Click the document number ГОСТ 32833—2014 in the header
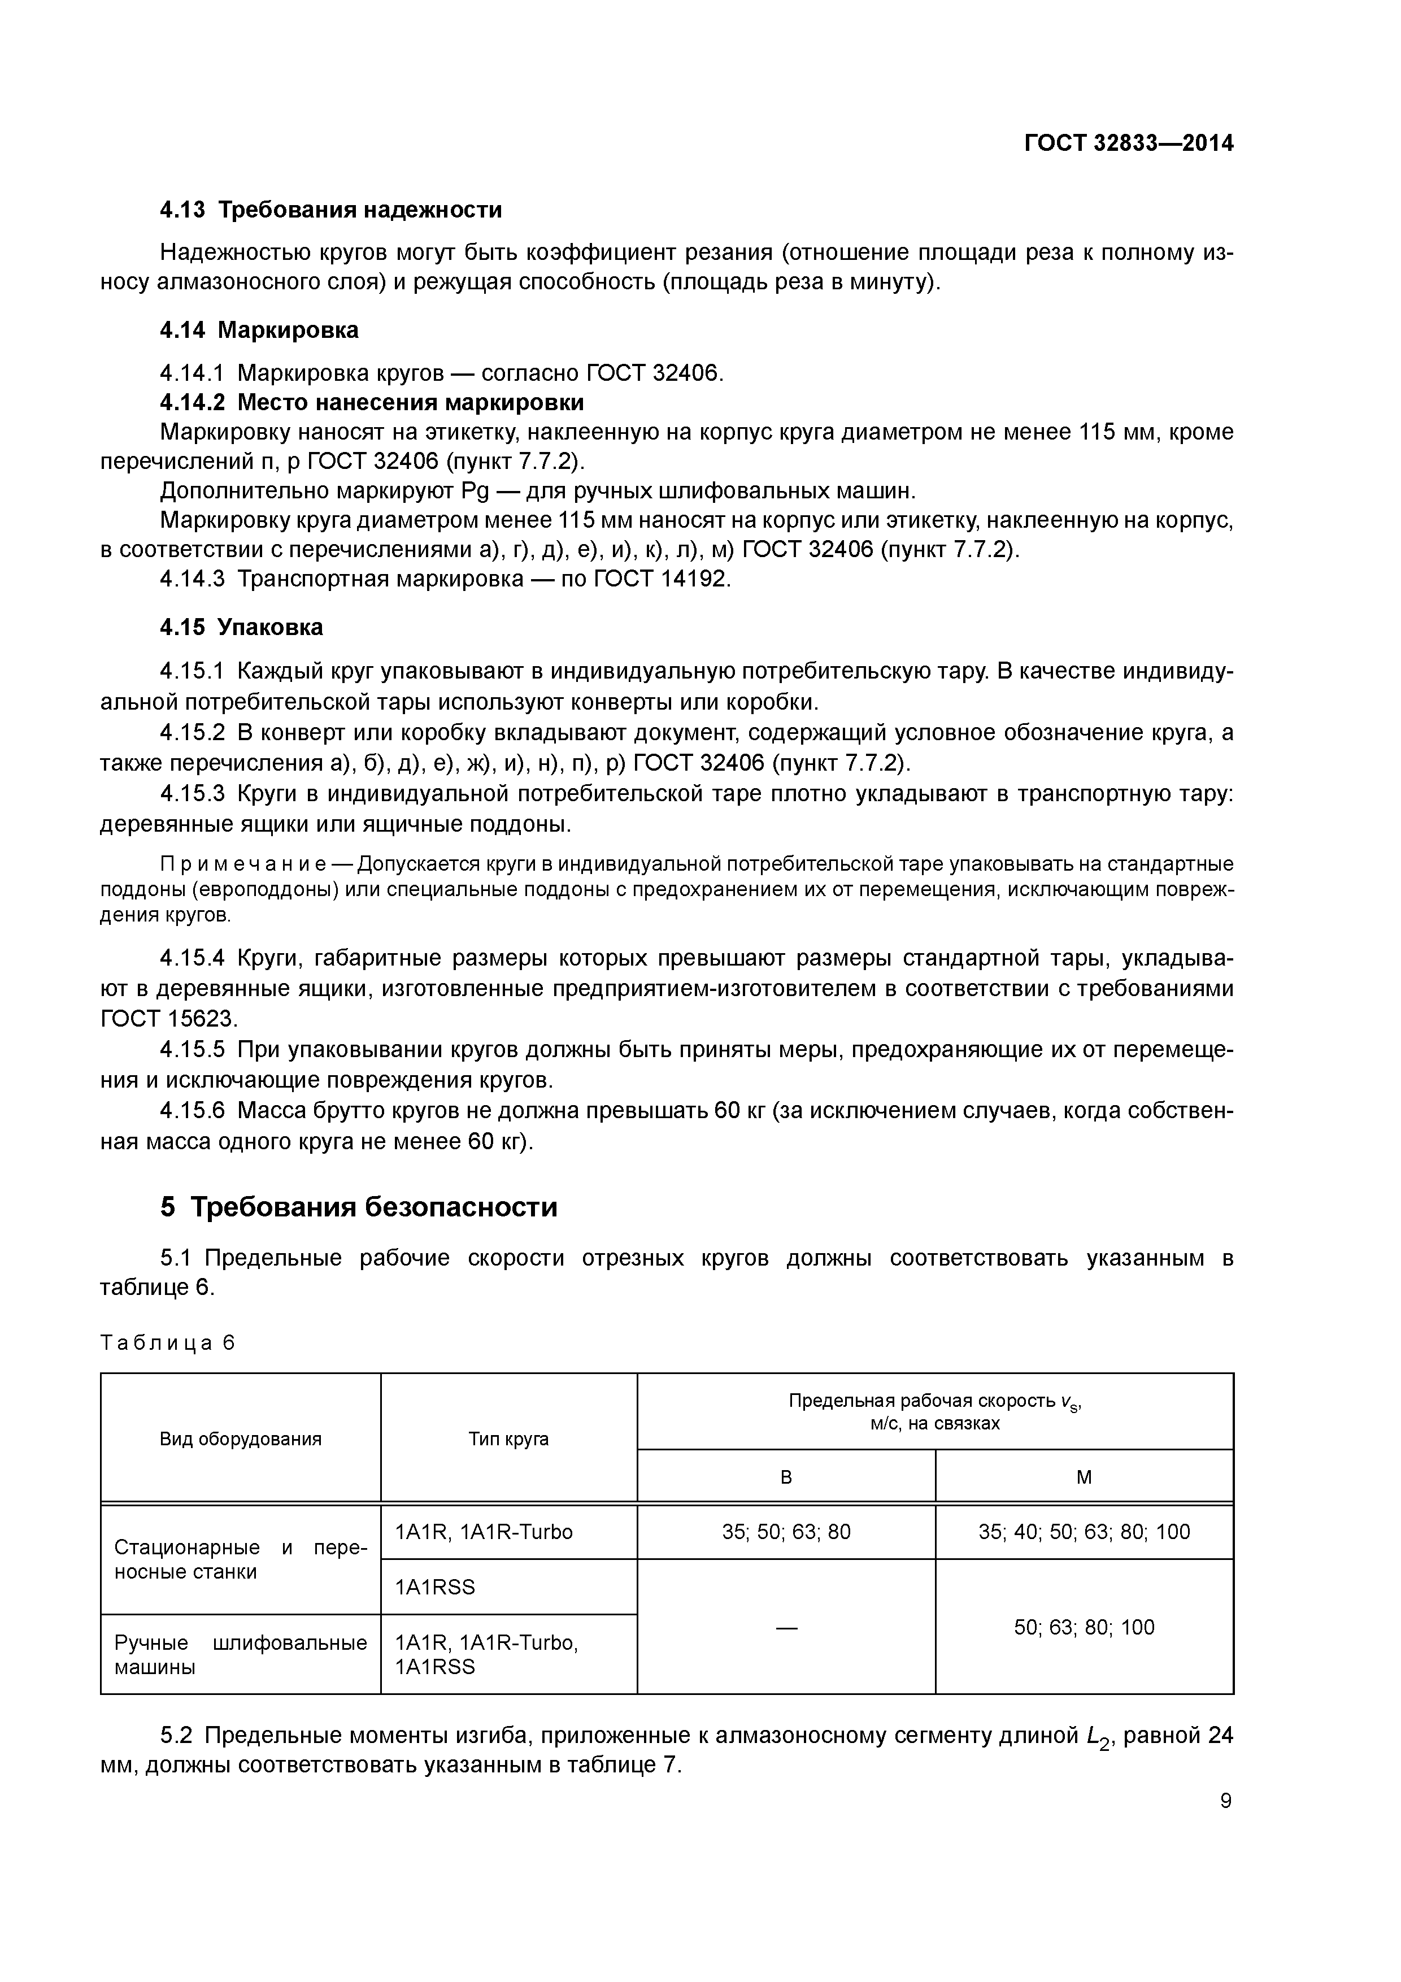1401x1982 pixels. click(x=1128, y=144)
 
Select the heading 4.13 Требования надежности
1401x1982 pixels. click(x=330, y=210)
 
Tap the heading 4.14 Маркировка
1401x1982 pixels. click(x=259, y=330)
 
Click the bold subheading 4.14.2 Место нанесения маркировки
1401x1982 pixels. click(x=372, y=402)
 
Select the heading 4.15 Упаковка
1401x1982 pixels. click(x=242, y=627)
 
